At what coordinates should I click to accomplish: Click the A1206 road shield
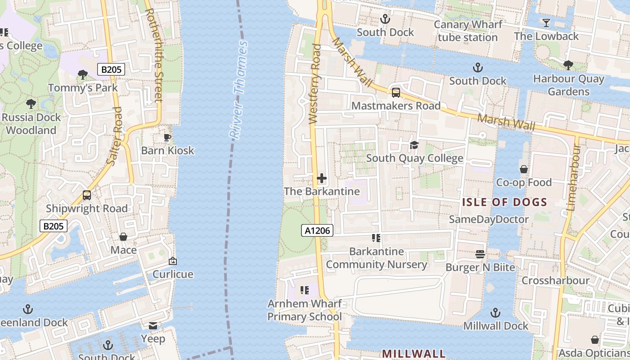tap(317, 231)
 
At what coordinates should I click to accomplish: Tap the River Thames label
tap(238, 90)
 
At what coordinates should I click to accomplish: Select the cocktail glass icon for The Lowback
tap(546, 23)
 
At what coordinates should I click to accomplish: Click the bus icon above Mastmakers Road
tap(396, 93)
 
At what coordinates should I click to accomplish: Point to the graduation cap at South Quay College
tap(414, 145)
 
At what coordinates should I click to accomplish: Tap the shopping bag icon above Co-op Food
tap(523, 169)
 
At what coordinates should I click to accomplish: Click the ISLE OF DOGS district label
tap(504, 202)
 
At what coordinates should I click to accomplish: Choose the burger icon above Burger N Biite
tap(480, 254)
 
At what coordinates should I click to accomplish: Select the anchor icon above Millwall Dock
tap(495, 313)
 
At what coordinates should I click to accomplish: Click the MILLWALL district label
tap(414, 353)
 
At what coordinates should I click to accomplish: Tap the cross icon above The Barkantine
tap(322, 178)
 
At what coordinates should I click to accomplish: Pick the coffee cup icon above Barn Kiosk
tap(167, 137)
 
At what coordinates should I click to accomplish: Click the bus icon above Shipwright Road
tap(87, 195)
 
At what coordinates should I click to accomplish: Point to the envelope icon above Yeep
tap(153, 326)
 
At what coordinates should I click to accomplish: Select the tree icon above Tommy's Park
tap(82, 74)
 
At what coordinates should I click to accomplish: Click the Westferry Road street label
tap(315, 84)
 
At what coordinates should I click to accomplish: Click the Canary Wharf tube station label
tap(468, 31)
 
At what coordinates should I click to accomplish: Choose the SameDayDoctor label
tap(489, 219)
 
